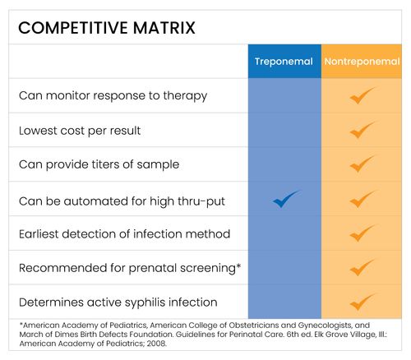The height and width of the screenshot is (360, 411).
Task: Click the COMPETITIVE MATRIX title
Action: pos(107,27)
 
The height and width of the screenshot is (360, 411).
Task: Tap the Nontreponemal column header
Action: pos(362,62)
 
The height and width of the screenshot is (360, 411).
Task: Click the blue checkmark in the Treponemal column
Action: pos(286,199)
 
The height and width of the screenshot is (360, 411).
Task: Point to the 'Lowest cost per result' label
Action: pos(81,130)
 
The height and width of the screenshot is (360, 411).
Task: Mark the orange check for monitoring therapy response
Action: pos(362,95)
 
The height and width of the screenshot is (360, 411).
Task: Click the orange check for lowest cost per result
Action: pos(362,130)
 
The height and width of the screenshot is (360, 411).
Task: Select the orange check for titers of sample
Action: pos(362,164)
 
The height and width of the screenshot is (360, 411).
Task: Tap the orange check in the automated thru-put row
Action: pos(362,199)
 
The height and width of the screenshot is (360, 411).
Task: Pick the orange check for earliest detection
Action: pos(362,233)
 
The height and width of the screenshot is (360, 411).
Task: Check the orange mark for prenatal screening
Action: pos(362,268)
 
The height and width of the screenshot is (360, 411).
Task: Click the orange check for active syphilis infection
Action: pos(362,302)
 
